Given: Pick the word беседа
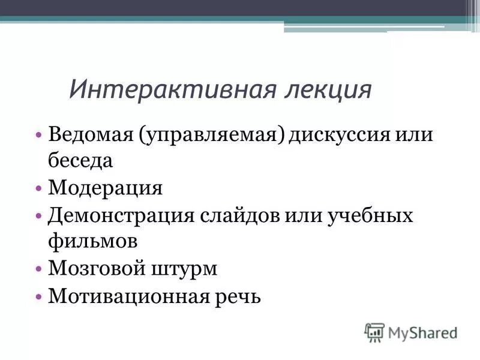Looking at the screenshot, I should point(80,160).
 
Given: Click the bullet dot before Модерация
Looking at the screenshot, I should point(38,188).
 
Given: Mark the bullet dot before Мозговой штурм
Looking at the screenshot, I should point(38,269).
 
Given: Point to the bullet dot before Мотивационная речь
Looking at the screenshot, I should point(38,296).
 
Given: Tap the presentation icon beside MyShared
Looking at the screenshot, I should point(374,332).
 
